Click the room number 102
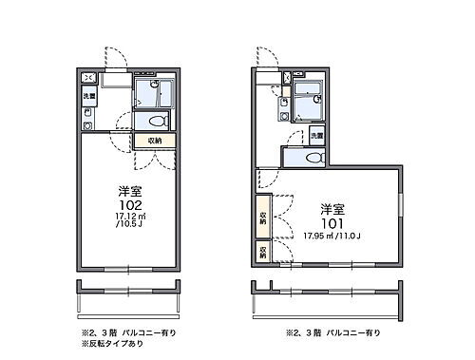point(130,204)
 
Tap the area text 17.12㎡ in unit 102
point(130,217)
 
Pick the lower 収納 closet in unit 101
point(262,251)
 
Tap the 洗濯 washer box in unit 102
point(88,96)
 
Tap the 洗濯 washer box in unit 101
point(316,137)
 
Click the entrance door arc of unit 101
point(270,57)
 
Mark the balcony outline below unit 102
point(127,296)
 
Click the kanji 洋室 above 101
point(331,208)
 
